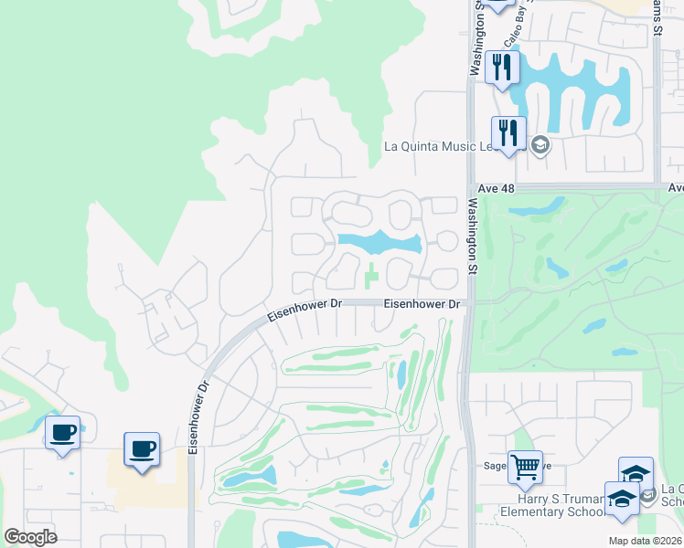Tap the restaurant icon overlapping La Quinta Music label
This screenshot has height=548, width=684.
(x=508, y=133)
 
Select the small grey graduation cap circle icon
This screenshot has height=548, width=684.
(x=540, y=145)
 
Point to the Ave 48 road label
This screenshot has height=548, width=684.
(x=497, y=188)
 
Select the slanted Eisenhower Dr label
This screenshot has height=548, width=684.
(x=302, y=311)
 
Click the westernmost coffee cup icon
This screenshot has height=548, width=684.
(x=62, y=433)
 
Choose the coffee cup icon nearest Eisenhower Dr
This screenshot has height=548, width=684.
(x=142, y=449)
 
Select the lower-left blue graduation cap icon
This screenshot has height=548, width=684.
(x=622, y=500)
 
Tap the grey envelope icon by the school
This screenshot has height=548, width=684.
(x=647, y=496)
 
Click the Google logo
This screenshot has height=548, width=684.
(x=30, y=536)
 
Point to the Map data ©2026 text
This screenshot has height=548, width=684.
(x=644, y=541)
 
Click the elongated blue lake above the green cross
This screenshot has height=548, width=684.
(x=379, y=243)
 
